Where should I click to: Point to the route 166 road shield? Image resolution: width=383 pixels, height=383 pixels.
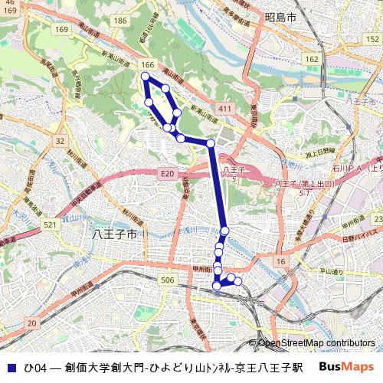coord(148,65)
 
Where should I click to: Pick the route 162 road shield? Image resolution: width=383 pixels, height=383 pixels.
coord(310,59)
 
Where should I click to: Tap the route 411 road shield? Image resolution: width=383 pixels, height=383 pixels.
coord(224,110)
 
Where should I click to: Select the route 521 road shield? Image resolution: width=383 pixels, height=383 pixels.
coord(51,224)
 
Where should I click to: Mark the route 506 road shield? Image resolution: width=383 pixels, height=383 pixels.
coord(168,281)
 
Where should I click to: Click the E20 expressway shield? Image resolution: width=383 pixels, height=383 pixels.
coord(168,175)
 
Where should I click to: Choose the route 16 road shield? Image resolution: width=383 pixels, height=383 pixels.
coord(281,262)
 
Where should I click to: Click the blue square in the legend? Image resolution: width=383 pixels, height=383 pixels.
coord(10,367)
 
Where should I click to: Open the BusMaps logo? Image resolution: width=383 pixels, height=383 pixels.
coord(346,367)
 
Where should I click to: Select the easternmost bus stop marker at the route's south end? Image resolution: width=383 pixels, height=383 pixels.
coord(237,281)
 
